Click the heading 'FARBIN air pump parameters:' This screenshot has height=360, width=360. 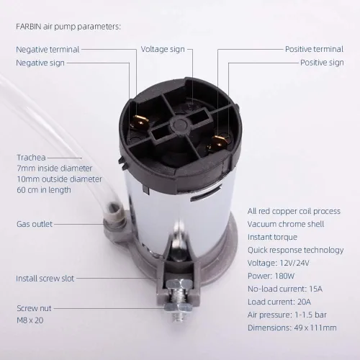(x=68, y=27)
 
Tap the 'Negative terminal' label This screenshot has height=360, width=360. (x=48, y=50)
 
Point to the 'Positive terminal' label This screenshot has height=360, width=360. (x=314, y=50)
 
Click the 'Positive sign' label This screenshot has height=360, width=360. (x=321, y=63)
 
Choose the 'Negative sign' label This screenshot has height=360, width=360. (x=40, y=63)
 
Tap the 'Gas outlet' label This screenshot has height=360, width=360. (x=34, y=224)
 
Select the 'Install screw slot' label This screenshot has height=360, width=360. (x=45, y=278)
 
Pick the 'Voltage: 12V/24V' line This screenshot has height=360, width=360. (x=280, y=263)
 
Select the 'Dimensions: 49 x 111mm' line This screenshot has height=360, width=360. (x=292, y=328)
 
